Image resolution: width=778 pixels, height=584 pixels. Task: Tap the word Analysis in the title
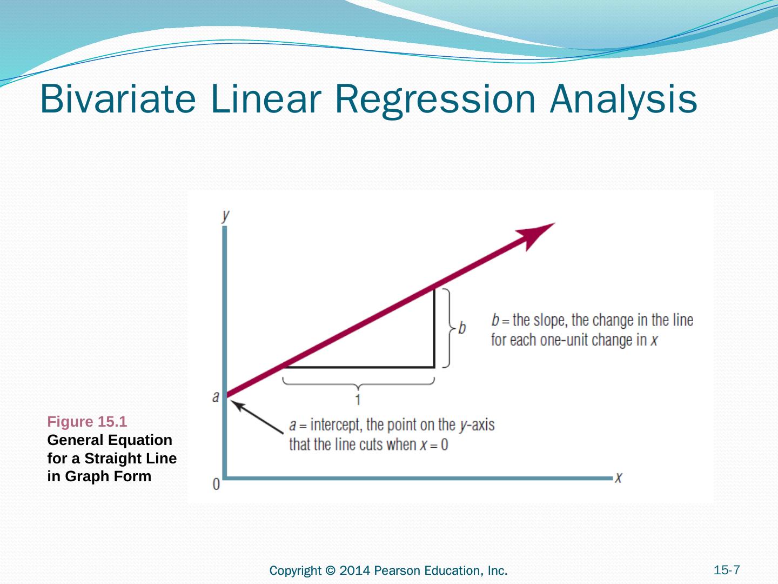click(x=623, y=100)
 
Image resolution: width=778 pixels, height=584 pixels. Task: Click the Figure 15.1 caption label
click(x=87, y=421)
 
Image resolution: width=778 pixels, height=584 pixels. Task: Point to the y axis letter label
click(x=225, y=216)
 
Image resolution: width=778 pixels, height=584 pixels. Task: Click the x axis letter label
click(x=619, y=477)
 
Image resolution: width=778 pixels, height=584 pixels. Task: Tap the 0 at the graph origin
click(x=216, y=484)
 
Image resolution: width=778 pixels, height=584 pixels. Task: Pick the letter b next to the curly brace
click(x=462, y=328)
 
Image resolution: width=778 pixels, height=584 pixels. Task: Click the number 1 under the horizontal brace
click(x=358, y=400)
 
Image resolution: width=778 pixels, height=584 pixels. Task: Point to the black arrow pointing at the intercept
click(x=257, y=416)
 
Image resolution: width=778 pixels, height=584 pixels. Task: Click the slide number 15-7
click(x=727, y=570)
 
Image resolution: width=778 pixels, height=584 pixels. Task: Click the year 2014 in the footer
click(x=354, y=570)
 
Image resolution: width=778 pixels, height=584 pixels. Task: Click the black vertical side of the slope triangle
click(x=434, y=328)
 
